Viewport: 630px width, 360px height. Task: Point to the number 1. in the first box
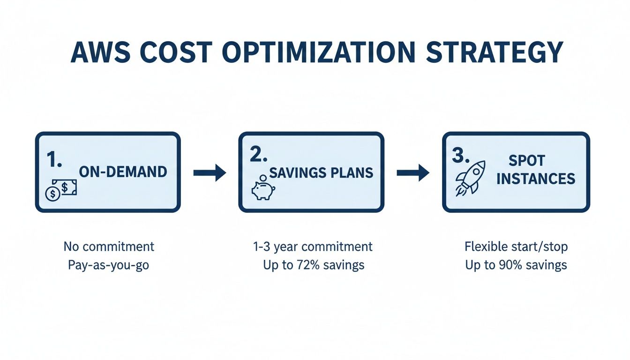[x=55, y=159]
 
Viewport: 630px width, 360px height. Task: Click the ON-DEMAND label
[x=123, y=172]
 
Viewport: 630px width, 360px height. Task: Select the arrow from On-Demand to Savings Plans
[x=210, y=173]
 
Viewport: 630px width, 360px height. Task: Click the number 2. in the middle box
[x=258, y=156]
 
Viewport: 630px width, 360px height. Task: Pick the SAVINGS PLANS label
[x=321, y=173]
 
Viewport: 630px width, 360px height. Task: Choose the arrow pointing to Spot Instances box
[x=412, y=173]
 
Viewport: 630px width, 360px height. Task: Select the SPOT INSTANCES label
[x=535, y=170]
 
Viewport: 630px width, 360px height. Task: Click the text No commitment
[x=109, y=247]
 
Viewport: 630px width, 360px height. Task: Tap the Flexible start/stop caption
[x=516, y=247]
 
